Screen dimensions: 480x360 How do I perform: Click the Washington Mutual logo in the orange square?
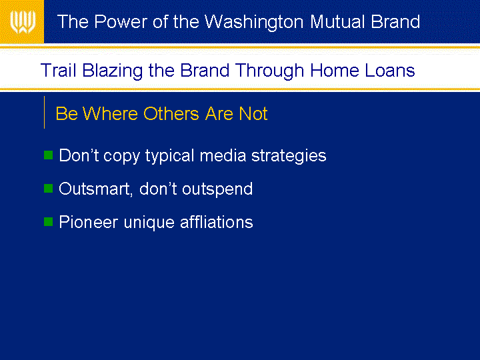click(x=23, y=22)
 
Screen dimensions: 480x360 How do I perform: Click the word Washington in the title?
click(x=254, y=22)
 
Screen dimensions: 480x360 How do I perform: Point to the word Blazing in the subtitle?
click(x=113, y=71)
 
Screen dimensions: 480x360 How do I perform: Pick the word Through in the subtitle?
click(x=269, y=71)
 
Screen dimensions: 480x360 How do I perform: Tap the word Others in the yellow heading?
click(x=171, y=113)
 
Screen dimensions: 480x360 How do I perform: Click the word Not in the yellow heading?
click(x=253, y=113)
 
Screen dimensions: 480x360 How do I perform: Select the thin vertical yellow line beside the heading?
click(x=45, y=113)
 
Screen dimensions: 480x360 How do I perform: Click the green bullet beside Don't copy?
click(x=49, y=155)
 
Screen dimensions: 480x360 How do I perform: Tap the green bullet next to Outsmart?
click(x=49, y=188)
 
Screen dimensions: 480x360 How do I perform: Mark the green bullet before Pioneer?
click(x=49, y=221)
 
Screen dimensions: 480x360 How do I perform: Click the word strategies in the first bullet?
click(x=289, y=156)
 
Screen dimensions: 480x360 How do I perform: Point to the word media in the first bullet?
click(x=223, y=155)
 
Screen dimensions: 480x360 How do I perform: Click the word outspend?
click(x=217, y=189)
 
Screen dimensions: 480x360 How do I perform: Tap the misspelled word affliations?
click(x=217, y=222)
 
